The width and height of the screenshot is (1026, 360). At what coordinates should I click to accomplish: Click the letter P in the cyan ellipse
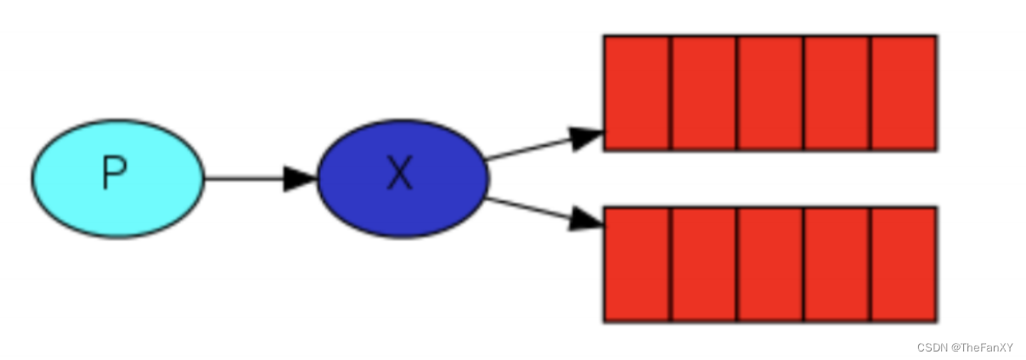pyautogui.click(x=115, y=174)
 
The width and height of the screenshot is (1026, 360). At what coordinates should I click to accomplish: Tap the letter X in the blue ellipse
pyautogui.click(x=399, y=175)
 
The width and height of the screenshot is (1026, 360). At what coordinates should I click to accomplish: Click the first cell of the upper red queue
pyautogui.click(x=637, y=93)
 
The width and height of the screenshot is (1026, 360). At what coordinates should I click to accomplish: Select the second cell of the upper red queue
pyautogui.click(x=703, y=93)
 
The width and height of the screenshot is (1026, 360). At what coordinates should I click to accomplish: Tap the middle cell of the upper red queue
pyautogui.click(x=769, y=93)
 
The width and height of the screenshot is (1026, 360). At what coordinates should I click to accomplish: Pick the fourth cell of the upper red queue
pyautogui.click(x=836, y=93)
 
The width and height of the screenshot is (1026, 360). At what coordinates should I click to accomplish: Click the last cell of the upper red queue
pyautogui.click(x=903, y=93)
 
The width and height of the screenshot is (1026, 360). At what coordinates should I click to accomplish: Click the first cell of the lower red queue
pyautogui.click(x=637, y=264)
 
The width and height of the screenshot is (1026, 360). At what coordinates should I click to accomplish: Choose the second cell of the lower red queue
pyautogui.click(x=703, y=264)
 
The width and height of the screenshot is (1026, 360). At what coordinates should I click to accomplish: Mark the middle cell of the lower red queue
pyautogui.click(x=769, y=264)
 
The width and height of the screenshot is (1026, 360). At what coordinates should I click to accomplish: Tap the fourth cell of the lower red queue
pyautogui.click(x=836, y=264)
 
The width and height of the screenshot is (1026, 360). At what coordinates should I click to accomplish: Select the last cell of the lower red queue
pyautogui.click(x=903, y=264)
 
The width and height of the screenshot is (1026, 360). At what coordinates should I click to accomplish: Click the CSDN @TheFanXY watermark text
pyautogui.click(x=965, y=347)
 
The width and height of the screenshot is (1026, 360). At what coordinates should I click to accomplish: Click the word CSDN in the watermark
pyautogui.click(x=931, y=347)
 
